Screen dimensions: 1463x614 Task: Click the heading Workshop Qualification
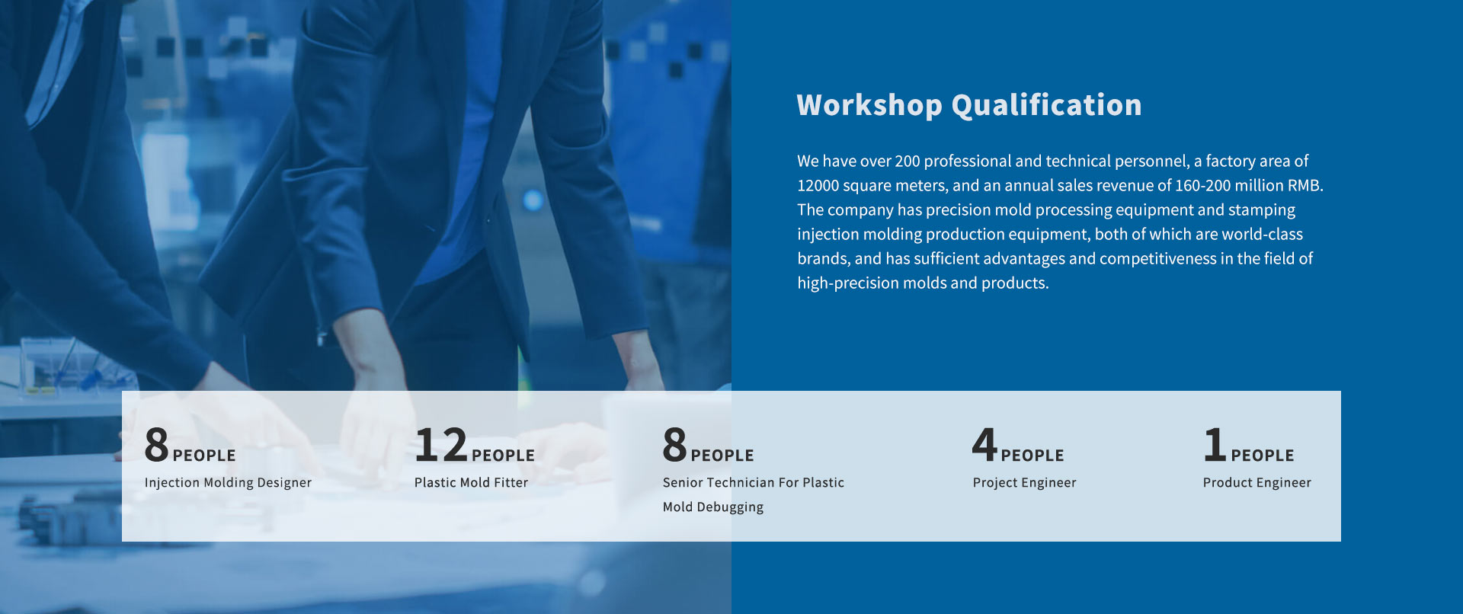[x=969, y=105]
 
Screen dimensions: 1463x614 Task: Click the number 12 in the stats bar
[x=441, y=445]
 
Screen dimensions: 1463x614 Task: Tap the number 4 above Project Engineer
[x=984, y=445]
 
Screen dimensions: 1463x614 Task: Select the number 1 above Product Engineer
[x=1215, y=445]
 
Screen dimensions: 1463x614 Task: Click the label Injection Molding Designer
[x=228, y=483]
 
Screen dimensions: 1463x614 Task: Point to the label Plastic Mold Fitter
[x=471, y=483]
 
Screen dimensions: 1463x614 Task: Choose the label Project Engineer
[x=1024, y=483]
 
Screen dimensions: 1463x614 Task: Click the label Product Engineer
[x=1257, y=483]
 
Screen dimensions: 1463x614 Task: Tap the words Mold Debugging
[x=712, y=507]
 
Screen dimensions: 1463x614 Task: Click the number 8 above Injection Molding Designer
[x=156, y=445]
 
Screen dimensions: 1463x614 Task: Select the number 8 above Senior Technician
[x=674, y=445]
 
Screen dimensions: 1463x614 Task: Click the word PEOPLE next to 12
[x=503, y=456]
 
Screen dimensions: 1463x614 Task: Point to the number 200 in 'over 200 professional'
[x=908, y=161]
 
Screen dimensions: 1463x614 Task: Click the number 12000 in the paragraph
[x=818, y=186]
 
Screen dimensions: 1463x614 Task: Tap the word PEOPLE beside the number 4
[x=1032, y=456]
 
